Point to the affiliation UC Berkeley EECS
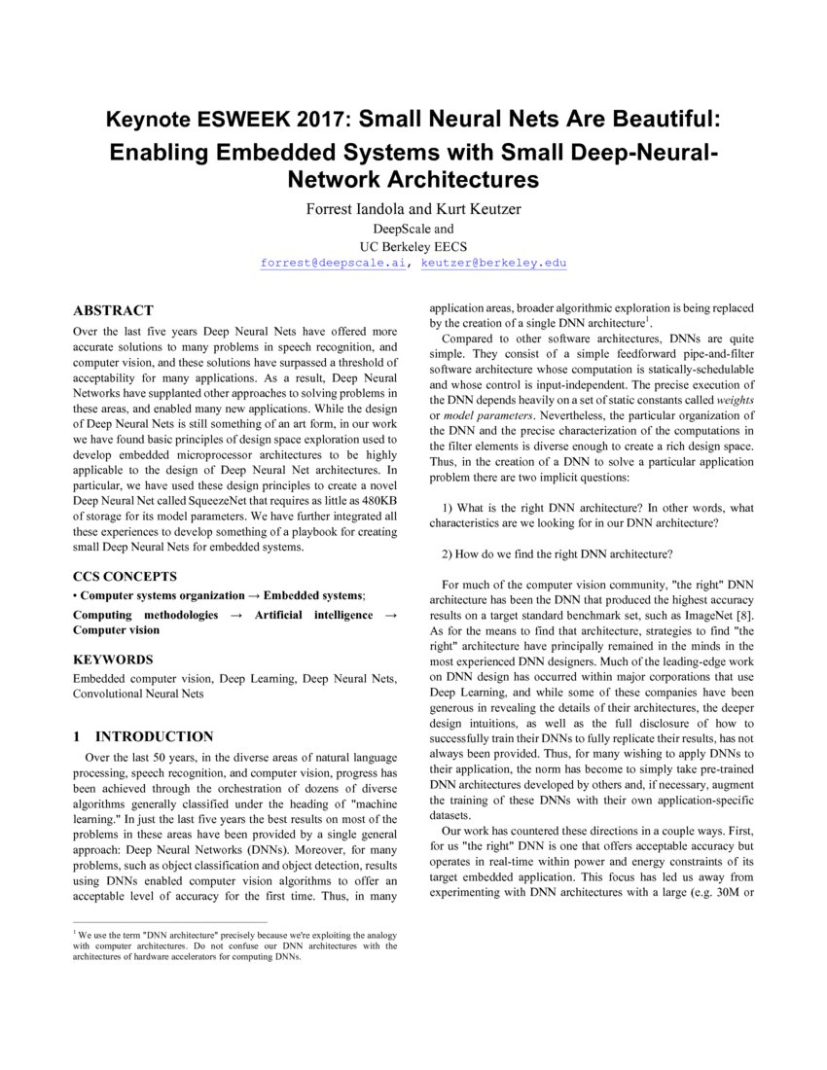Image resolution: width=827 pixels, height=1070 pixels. [x=413, y=246]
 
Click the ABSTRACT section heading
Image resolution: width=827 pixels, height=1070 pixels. [x=113, y=310]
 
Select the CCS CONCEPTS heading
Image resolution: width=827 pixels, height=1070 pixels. [x=125, y=576]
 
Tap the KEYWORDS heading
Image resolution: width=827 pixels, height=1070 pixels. [x=113, y=659]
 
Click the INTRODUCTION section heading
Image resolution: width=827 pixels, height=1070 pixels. [x=154, y=736]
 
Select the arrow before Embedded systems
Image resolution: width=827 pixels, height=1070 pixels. [x=254, y=595]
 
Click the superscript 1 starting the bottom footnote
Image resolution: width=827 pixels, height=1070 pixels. [x=75, y=932]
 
